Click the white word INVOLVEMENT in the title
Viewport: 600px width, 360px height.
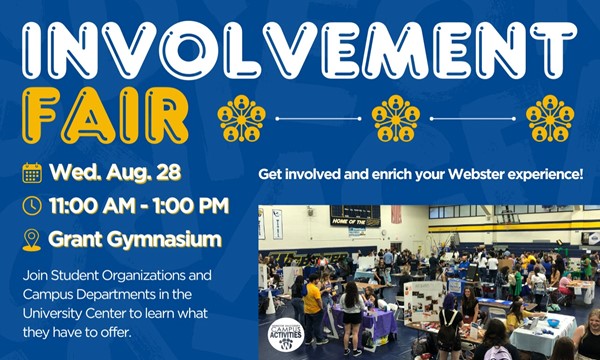tap(300, 50)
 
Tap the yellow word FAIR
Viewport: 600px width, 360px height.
tap(105, 116)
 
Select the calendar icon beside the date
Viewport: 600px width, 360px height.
tap(32, 173)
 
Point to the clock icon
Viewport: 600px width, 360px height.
tap(32, 206)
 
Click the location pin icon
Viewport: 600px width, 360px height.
tap(32, 240)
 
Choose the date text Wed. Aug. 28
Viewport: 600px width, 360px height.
tap(115, 173)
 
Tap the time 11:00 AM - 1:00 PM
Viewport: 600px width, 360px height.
tap(139, 206)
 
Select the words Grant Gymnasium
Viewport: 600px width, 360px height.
tap(135, 240)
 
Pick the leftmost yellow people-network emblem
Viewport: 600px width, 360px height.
tap(241, 119)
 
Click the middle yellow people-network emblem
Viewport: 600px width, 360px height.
tap(396, 119)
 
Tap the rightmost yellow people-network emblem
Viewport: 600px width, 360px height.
tap(550, 119)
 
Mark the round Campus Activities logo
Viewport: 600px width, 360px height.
tap(286, 335)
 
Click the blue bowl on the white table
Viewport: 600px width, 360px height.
tap(553, 323)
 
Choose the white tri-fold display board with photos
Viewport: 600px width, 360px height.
tap(425, 301)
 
